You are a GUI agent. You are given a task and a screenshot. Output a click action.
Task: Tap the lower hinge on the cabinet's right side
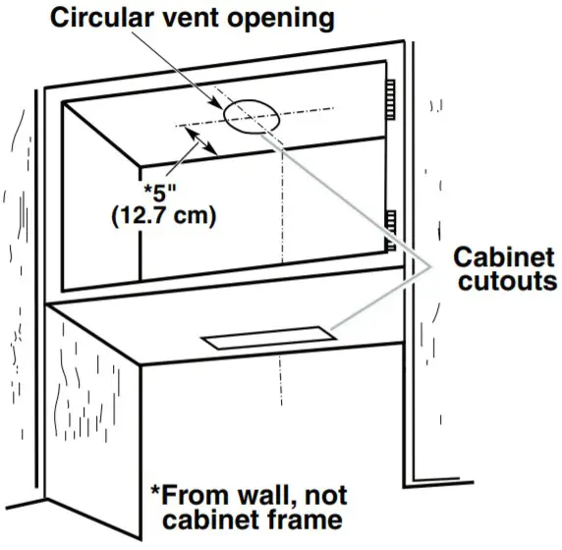(390, 225)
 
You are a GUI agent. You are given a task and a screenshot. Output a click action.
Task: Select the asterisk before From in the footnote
(154, 489)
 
